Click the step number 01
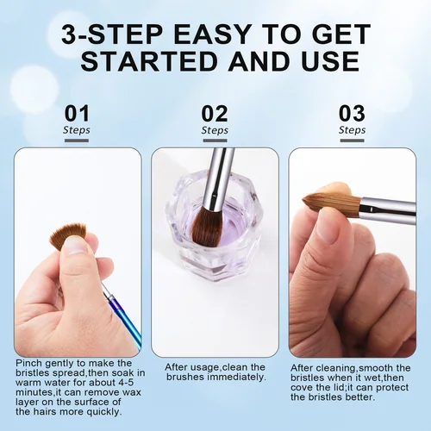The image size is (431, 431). pos(77,114)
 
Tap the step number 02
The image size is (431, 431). pos(215,114)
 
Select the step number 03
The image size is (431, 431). pos(352,114)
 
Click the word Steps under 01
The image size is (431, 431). pos(77,131)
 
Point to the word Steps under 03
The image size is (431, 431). pos(352,131)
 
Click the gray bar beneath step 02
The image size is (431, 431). pos(215,141)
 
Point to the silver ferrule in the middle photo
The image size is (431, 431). pos(217,168)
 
